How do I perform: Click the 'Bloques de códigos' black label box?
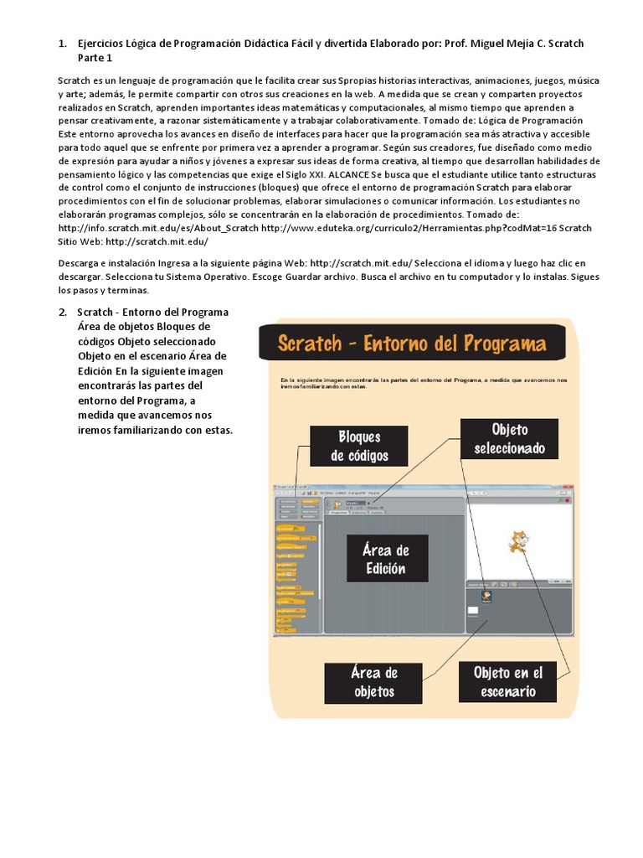[358, 447]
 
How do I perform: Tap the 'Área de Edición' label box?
[384, 560]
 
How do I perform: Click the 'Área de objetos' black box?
[373, 682]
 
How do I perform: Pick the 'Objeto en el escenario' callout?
[507, 682]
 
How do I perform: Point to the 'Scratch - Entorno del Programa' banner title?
[411, 344]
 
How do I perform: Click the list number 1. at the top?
[62, 44]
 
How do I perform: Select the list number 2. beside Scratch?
[62, 313]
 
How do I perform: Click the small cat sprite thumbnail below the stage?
[486, 597]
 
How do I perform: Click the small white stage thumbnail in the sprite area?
[473, 611]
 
